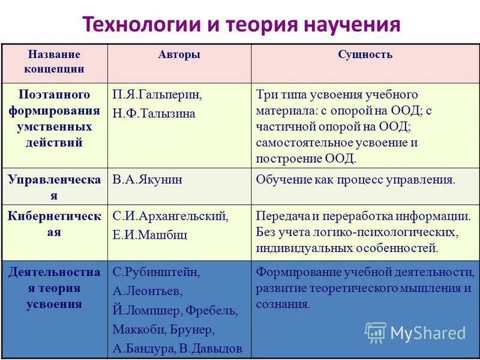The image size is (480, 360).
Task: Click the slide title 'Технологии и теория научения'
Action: pyautogui.click(x=240, y=25)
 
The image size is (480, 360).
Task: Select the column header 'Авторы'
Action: pyautogui.click(x=179, y=55)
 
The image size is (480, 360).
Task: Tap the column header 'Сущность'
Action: pyautogui.click(x=365, y=55)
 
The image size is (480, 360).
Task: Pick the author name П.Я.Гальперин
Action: pyautogui.click(x=157, y=95)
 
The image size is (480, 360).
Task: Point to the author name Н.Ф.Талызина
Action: pyautogui.click(x=154, y=113)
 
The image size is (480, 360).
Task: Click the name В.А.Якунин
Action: pyautogui.click(x=148, y=179)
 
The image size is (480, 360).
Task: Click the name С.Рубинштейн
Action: pyautogui.click(x=157, y=272)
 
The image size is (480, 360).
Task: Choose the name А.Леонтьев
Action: pyautogui.click(x=147, y=291)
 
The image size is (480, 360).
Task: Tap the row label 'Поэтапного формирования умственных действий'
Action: pyautogui.click(x=54, y=119)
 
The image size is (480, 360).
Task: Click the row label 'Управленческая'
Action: pyautogui.click(x=54, y=187)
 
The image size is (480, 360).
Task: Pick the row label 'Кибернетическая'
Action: pyautogui.click(x=54, y=224)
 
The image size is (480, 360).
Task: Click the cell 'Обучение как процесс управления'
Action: pyautogui.click(x=356, y=179)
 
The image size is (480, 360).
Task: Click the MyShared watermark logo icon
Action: pyautogui.click(x=376, y=332)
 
